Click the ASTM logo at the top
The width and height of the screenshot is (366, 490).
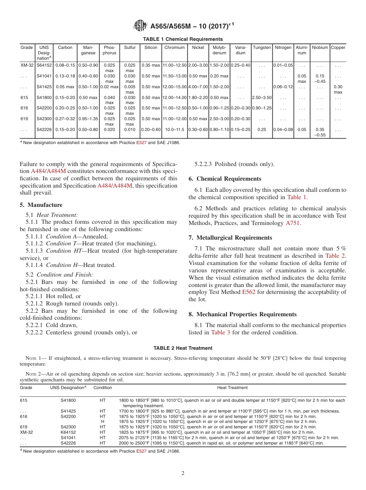coord(139,26)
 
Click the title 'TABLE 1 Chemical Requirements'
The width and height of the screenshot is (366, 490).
coord(183,39)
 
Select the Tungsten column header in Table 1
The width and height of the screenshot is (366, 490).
coord(262,48)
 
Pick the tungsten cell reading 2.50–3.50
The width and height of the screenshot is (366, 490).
coord(262,98)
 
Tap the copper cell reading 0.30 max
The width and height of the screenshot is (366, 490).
coord(338,89)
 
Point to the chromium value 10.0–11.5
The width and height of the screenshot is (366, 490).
coord(174,130)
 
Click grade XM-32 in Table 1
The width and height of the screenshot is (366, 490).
coord(27,65)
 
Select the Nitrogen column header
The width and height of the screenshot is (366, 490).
coord(283,48)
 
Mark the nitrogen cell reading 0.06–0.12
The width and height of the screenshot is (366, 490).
coord(283,87)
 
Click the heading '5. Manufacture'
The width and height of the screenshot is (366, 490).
coord(41,205)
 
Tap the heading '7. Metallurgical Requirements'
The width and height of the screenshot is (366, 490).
coord(230,238)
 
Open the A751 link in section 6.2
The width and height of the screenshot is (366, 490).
coord(292,223)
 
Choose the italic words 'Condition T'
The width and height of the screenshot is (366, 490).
coord(60,244)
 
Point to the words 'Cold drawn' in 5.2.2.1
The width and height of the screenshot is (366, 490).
coord(61,325)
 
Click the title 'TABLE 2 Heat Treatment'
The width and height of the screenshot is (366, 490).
coord(183,348)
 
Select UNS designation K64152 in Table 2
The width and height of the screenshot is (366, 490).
coord(68,433)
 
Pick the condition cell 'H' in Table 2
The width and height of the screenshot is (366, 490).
coord(102,422)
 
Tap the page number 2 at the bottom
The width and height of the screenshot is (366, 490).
coord(183,473)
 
